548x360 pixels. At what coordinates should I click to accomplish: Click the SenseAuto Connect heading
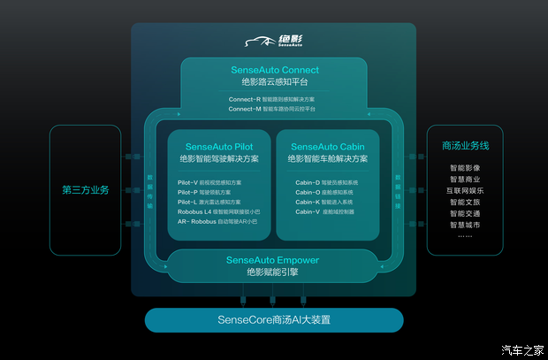pos(274,70)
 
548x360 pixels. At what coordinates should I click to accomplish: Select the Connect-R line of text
pos(274,99)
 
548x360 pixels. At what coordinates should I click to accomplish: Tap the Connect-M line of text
pos(274,109)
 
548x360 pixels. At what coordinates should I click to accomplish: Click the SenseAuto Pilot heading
pos(219,147)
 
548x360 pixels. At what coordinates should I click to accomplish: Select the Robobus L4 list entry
pos(217,212)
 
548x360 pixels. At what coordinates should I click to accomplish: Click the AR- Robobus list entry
pos(217,222)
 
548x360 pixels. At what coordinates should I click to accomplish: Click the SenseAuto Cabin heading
pos(328,147)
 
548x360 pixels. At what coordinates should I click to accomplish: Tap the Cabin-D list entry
pos(324,182)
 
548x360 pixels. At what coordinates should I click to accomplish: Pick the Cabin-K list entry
pos(324,202)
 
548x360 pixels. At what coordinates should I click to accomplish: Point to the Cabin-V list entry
pos(324,212)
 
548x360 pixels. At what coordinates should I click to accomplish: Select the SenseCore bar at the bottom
pos(273,319)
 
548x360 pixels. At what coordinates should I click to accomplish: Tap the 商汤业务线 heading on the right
pos(465,145)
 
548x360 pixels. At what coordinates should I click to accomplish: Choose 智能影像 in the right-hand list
pos(465,167)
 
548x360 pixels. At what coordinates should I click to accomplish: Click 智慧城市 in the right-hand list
pos(465,225)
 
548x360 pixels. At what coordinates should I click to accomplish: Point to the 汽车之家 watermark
pos(522,349)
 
